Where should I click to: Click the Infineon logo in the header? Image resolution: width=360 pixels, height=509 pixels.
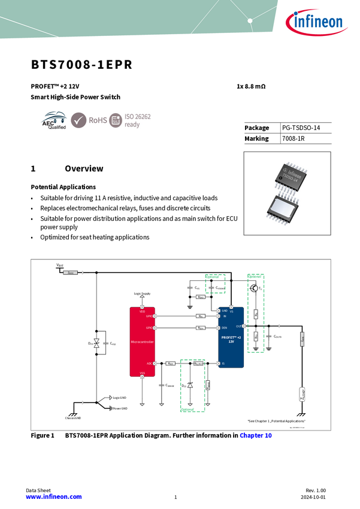pos(317,22)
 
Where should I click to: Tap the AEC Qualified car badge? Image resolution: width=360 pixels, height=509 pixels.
pos(53,120)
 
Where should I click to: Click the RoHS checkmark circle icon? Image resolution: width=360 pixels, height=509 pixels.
pos(78,120)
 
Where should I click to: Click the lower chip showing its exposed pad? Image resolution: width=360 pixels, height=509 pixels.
pos(287,209)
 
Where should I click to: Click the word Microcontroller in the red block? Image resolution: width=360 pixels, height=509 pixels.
pos(142,342)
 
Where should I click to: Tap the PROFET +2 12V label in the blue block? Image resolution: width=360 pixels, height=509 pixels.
pos(231,338)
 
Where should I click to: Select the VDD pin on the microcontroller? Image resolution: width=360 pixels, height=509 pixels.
pos(142,311)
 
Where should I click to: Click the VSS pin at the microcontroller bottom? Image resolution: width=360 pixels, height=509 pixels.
pos(142,373)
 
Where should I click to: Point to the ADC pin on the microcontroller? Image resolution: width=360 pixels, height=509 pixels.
pos(150,363)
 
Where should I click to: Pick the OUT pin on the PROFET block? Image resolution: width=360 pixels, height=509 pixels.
pos(238,326)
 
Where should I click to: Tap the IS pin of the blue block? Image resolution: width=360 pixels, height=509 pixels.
pos(223,363)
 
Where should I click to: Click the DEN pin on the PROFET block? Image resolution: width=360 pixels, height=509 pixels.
pos(224,328)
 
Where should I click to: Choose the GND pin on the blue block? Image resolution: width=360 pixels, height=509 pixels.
pos(225,311)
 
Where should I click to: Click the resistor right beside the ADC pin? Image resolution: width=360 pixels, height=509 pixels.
pos(170,363)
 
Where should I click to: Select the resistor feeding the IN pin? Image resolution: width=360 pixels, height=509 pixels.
pos(201,316)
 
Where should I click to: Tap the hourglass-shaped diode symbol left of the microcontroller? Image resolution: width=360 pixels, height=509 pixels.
pos(96,343)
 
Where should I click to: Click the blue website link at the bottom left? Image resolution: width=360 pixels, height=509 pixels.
pos(53,497)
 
